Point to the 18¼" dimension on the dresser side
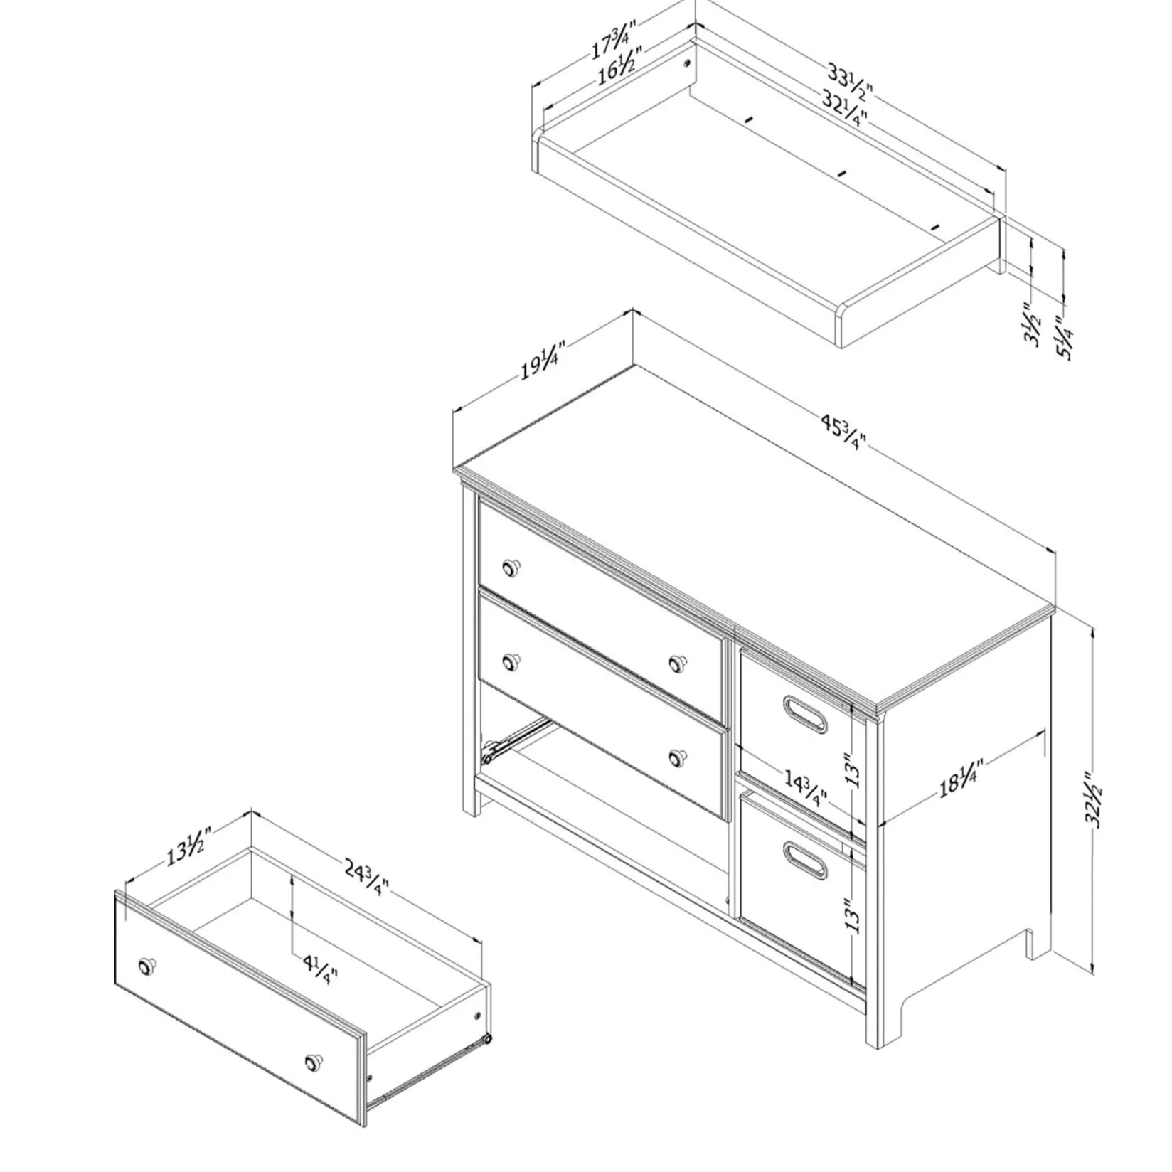(x=961, y=779)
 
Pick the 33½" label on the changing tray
(x=849, y=82)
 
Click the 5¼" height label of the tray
(x=1065, y=338)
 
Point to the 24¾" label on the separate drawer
(x=367, y=878)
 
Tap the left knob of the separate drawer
(x=147, y=967)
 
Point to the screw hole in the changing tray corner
(x=687, y=63)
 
